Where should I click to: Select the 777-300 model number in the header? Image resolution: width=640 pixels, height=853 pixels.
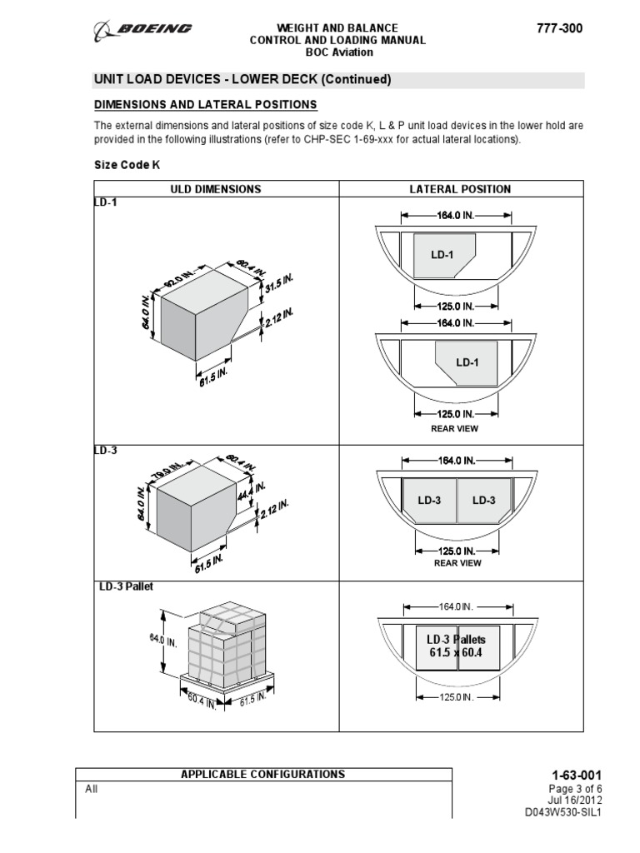[x=560, y=28]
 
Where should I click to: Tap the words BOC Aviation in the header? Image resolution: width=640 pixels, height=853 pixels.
[x=337, y=52]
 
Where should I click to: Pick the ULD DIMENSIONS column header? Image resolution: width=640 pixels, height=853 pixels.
[x=217, y=189]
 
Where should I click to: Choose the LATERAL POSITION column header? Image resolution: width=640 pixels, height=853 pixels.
[x=460, y=189]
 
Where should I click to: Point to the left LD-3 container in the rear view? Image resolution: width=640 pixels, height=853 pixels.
[x=428, y=500]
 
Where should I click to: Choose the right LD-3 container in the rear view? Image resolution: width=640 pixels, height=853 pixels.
[x=484, y=500]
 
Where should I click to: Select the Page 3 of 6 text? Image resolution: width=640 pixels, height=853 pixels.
[x=569, y=788]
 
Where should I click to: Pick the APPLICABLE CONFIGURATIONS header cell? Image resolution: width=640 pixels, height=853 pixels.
[x=262, y=774]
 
